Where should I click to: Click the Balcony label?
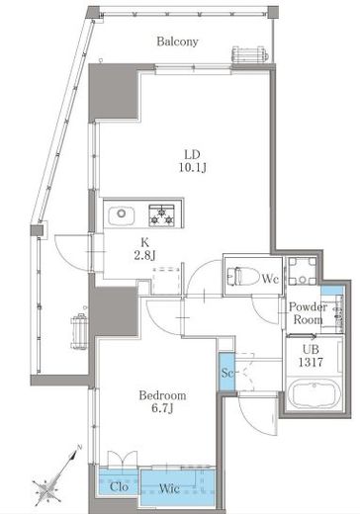click(177, 42)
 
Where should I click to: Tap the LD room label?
click(192, 154)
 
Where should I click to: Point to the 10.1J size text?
click(193, 168)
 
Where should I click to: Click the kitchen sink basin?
click(121, 215)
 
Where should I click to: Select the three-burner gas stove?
click(161, 215)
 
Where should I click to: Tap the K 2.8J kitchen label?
click(144, 249)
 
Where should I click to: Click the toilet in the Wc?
click(243, 276)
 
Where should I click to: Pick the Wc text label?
click(270, 279)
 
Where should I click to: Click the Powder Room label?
click(308, 313)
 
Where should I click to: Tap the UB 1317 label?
click(311, 356)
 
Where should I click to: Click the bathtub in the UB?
click(313, 394)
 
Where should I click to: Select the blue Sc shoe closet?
click(226, 372)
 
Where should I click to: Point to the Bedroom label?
click(162, 395)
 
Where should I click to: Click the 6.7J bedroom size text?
click(162, 408)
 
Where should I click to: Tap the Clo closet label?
click(119, 486)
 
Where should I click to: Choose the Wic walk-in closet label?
click(169, 488)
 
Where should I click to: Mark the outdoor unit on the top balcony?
click(250, 54)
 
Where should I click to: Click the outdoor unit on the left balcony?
click(79, 331)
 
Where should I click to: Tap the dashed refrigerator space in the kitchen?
click(166, 281)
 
